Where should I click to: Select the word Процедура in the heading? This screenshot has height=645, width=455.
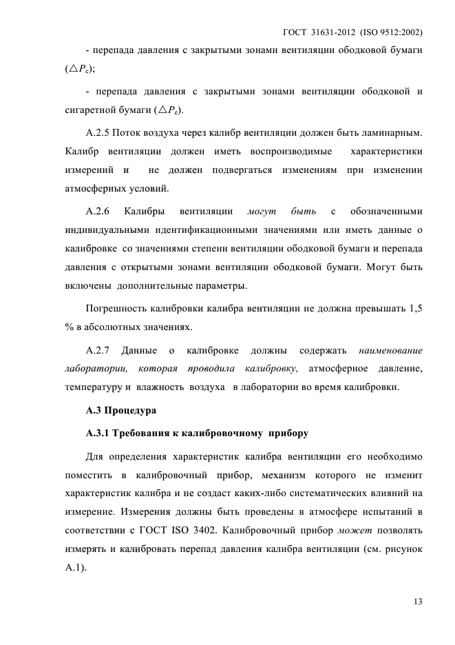(131, 411)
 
